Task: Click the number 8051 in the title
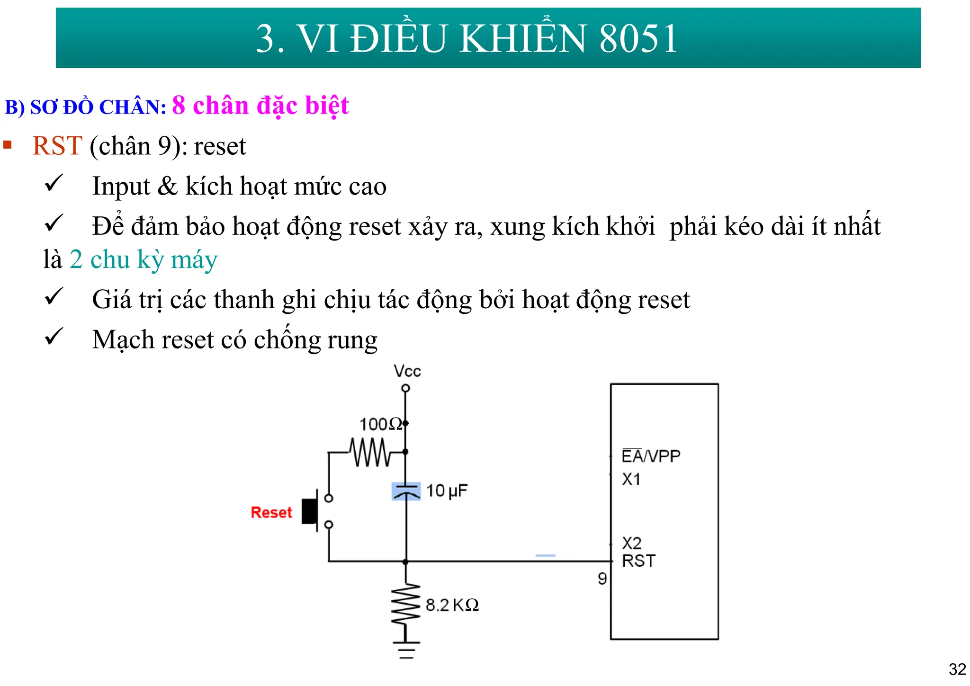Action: click(x=638, y=39)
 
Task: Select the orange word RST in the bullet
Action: click(x=57, y=146)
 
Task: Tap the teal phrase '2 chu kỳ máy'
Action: click(x=144, y=259)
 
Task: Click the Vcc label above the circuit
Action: click(x=407, y=371)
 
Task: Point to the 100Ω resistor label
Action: click(x=380, y=424)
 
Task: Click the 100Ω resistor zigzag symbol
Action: click(x=370, y=452)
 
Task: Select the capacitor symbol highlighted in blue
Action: click(x=406, y=491)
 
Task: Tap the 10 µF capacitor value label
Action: click(x=446, y=491)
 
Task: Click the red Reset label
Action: click(x=271, y=512)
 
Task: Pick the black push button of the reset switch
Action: click(x=310, y=511)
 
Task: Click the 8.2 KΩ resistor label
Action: click(x=452, y=605)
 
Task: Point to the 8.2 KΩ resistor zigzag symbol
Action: click(x=406, y=603)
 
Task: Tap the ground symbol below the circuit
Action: click(x=406, y=650)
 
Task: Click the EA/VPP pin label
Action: click(x=651, y=456)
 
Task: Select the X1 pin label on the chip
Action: click(x=631, y=479)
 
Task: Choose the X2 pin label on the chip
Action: click(x=631, y=543)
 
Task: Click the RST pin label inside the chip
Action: click(x=638, y=561)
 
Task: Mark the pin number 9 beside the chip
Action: click(x=602, y=579)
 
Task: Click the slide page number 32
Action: click(x=957, y=669)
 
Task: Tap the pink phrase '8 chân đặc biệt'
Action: click(x=260, y=106)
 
